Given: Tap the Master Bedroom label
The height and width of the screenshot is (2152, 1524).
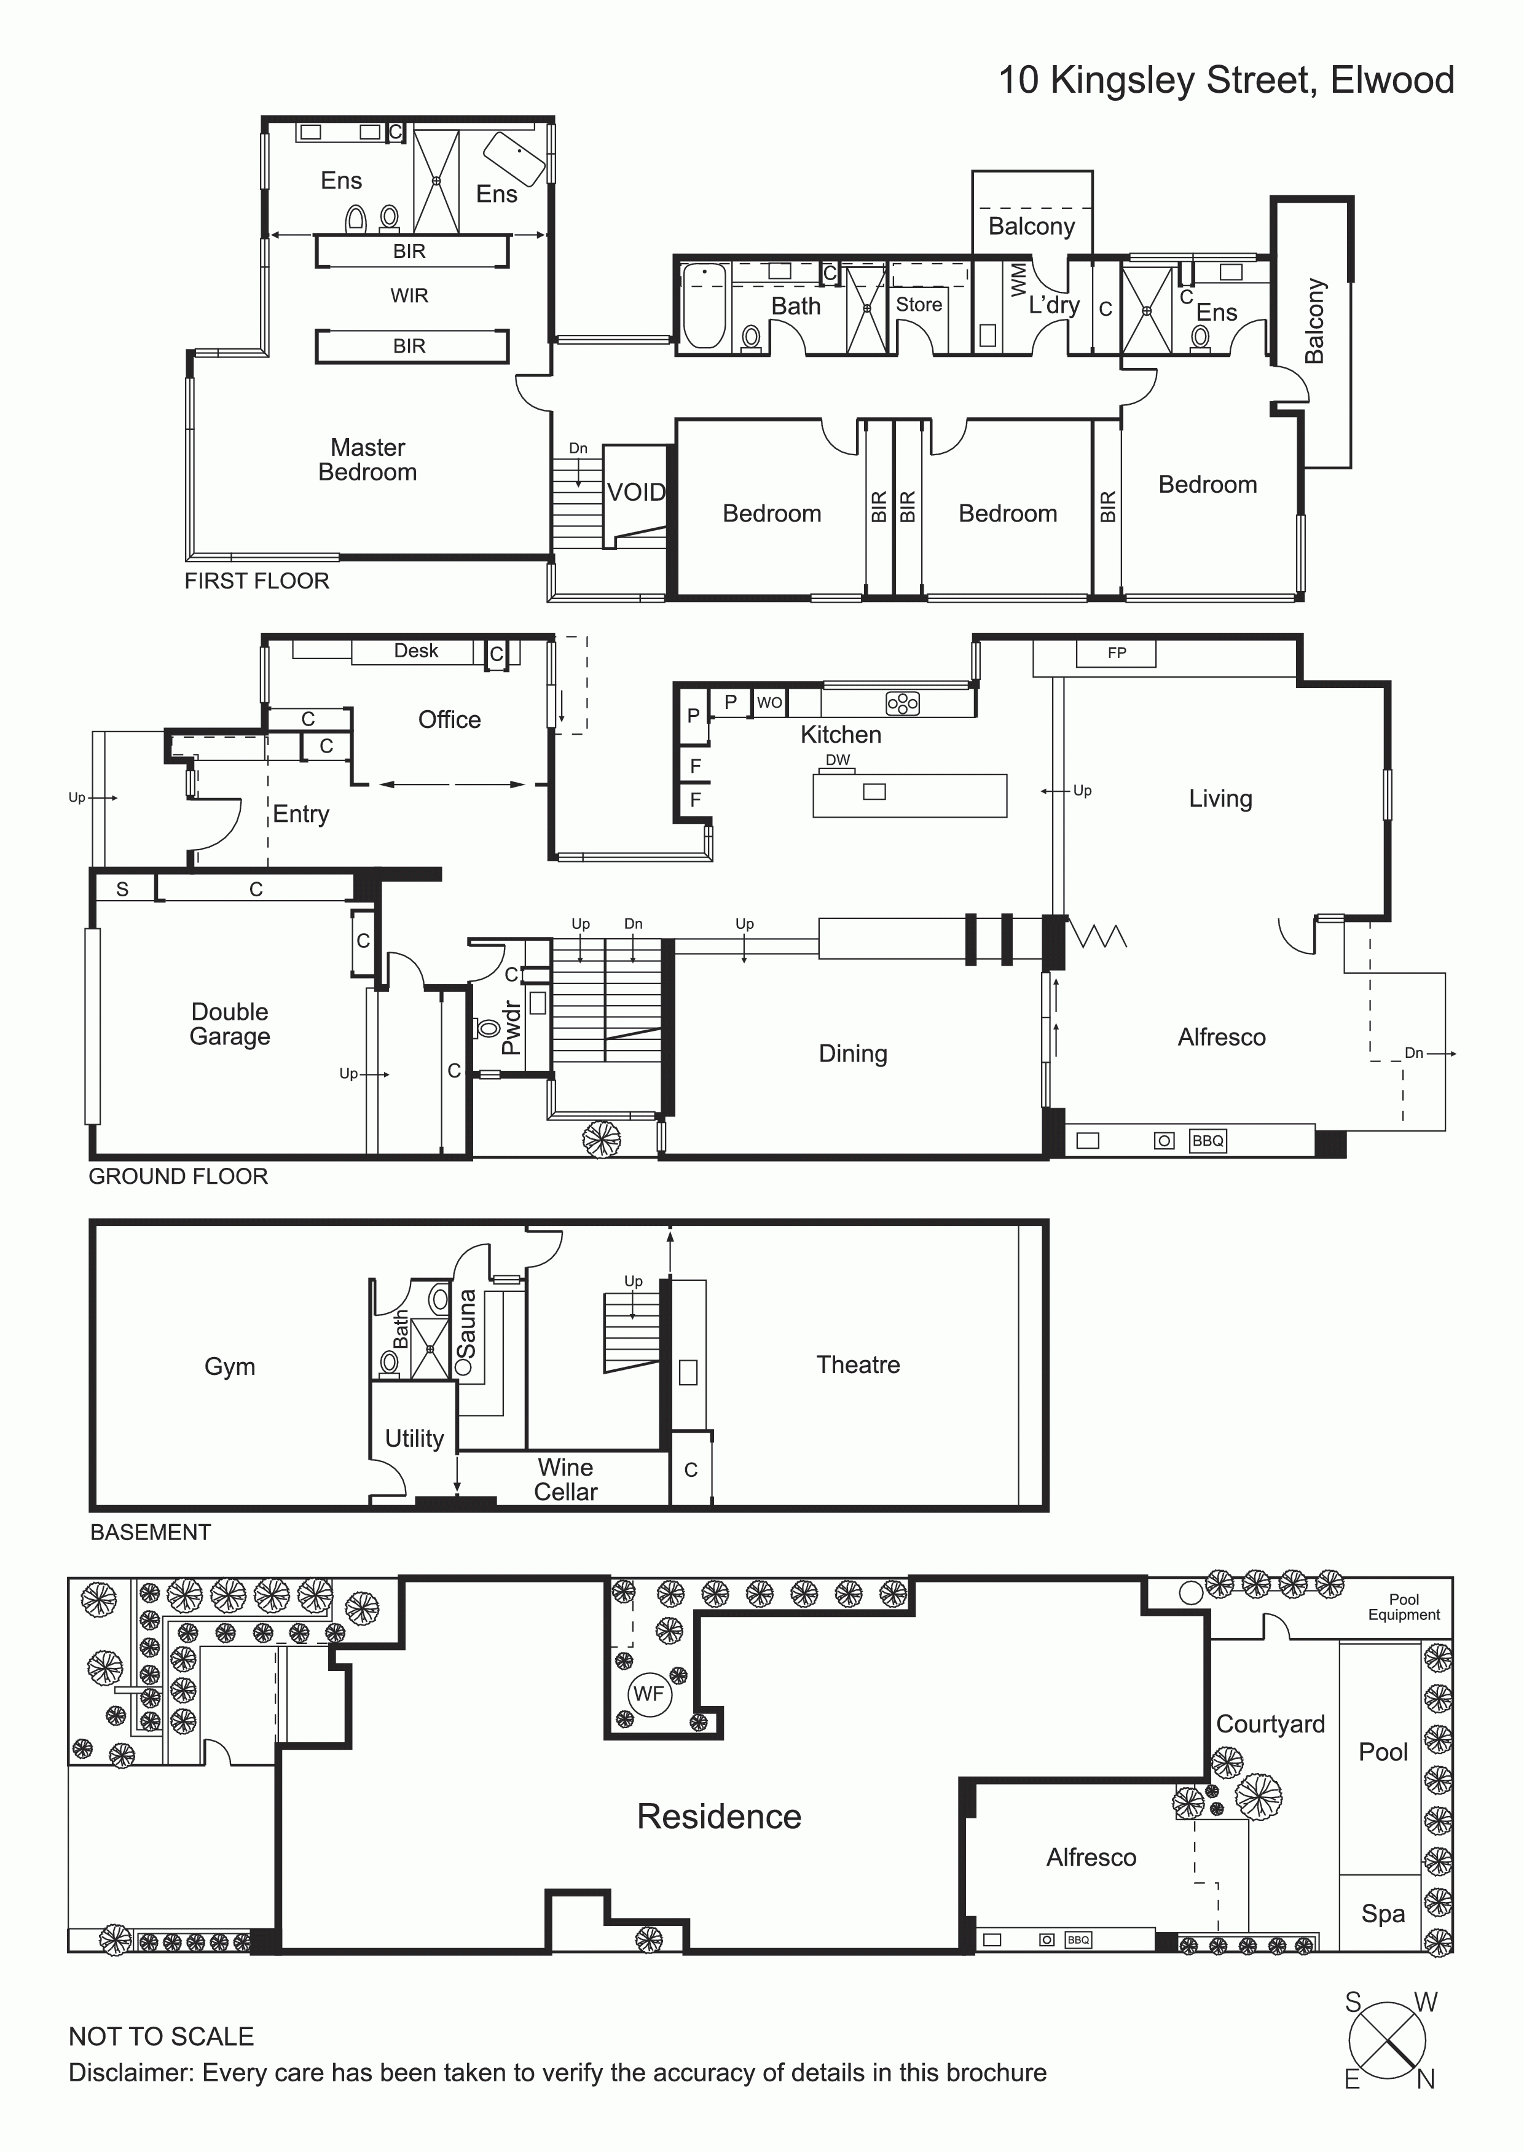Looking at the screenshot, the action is click(x=368, y=460).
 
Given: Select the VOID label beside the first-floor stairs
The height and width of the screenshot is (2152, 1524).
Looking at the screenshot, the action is click(x=636, y=493).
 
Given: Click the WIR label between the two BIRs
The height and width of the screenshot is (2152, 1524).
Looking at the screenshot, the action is click(x=409, y=295).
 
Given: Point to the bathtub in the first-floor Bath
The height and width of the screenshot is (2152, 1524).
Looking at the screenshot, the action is click(x=704, y=306).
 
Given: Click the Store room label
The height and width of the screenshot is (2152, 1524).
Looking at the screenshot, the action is click(x=919, y=304).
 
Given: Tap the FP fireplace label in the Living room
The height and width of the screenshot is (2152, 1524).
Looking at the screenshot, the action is click(x=1117, y=653).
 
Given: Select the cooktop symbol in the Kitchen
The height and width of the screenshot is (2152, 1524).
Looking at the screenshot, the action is click(x=903, y=703).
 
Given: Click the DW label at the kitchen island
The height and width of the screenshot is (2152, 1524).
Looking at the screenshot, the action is click(x=838, y=760).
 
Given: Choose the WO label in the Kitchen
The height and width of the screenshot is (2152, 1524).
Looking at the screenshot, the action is click(x=769, y=703).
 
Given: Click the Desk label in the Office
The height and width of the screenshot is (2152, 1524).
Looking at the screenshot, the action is click(x=416, y=651).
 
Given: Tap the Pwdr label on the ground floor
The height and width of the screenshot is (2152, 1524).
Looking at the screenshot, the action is click(x=511, y=1028).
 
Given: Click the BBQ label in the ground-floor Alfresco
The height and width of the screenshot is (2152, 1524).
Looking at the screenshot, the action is click(x=1208, y=1141).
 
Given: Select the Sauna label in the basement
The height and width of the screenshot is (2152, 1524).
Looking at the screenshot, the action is click(x=466, y=1324).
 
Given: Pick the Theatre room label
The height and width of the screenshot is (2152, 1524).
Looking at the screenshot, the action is click(x=858, y=1365).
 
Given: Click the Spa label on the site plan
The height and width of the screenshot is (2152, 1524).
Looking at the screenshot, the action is click(x=1383, y=1914).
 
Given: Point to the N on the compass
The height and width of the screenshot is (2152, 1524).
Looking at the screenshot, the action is click(x=1426, y=2079).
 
